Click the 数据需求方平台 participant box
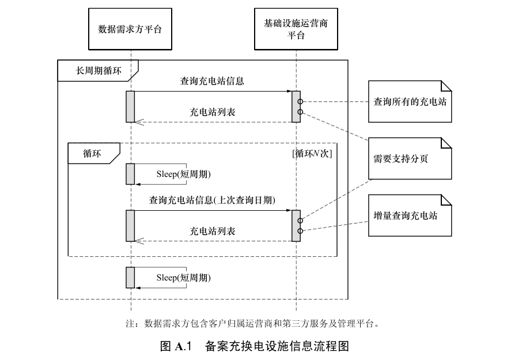coord(130,29)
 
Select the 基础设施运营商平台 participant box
coord(296,29)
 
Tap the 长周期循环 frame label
coord(99,70)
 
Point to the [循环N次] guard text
coord(312,153)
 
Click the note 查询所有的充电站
coord(410,101)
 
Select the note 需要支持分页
coord(410,158)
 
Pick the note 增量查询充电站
coord(410,215)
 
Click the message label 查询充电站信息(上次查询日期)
coord(212,200)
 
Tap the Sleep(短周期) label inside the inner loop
coord(184,174)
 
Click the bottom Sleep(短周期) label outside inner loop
coord(184,278)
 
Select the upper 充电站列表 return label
coord(212,112)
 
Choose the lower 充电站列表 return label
coord(212,231)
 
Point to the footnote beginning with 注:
coord(252,324)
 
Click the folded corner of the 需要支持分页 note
coord(447,143)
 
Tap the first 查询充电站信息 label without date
coord(212,81)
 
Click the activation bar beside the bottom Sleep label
coord(130,278)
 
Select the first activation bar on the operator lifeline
coord(296,107)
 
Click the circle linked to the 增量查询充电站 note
coord(300,231)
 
